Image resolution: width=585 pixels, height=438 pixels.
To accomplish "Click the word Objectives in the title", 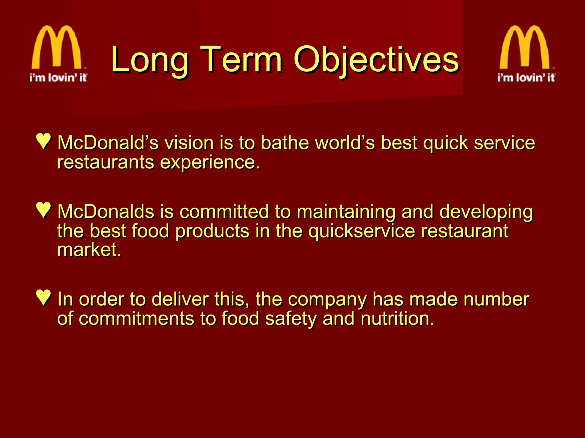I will (376, 60).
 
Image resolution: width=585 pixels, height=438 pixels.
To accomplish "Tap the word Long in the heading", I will (150, 60).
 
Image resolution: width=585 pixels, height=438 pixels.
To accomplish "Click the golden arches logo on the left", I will (57, 47).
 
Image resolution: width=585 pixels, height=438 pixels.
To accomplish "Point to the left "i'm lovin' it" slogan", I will (58, 78).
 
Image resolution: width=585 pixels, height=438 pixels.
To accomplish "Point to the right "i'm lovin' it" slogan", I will (526, 78).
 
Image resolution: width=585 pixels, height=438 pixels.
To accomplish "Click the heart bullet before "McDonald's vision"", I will (44, 141).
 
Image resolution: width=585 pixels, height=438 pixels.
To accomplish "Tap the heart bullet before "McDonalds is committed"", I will (44, 210).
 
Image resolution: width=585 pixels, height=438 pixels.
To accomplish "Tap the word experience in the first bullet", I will (210, 163).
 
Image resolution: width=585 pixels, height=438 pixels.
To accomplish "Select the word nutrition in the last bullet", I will (397, 319).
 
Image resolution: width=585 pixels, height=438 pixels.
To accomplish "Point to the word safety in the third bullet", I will (291, 319).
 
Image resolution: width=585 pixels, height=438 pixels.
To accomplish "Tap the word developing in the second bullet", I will (486, 212).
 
